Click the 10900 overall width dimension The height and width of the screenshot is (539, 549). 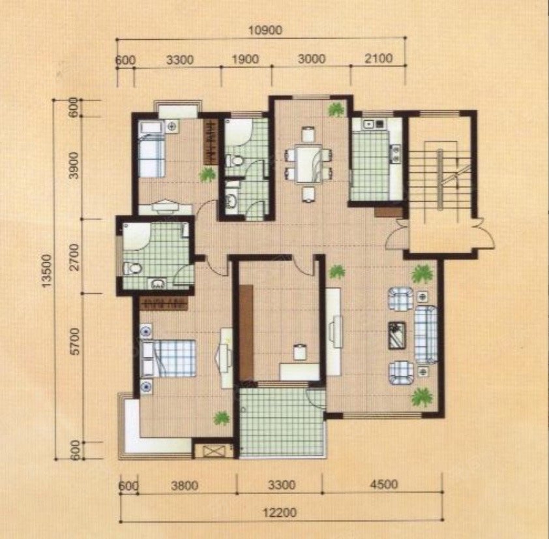265,31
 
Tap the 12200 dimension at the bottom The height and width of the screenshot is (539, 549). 280,513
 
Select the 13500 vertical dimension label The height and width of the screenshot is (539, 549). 46,271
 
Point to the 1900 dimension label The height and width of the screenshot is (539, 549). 245,59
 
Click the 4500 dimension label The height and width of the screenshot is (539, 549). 384,484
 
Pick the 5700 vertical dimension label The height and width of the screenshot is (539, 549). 75,341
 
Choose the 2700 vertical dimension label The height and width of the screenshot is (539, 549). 74,258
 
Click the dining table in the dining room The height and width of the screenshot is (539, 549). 308,164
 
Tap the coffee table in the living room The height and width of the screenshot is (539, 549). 397,335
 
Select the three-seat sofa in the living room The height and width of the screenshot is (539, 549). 426,334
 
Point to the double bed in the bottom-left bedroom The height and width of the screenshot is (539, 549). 168,358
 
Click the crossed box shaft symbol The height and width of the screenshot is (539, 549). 213,451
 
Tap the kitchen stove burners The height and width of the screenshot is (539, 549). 396,154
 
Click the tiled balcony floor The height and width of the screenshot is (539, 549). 282,422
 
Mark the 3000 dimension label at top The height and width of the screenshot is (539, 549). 312,59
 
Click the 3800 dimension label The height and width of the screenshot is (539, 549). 185,485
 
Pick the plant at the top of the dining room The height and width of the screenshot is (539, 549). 336,110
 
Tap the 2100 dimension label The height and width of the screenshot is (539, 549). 378,58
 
